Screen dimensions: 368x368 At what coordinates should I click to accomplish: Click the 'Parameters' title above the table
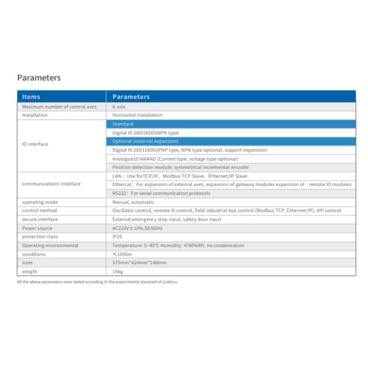click(39, 78)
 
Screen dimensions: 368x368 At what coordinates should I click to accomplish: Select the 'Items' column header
click(31, 96)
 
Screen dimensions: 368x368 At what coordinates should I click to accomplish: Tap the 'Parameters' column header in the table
click(131, 96)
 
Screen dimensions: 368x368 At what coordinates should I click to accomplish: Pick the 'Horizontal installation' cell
click(137, 115)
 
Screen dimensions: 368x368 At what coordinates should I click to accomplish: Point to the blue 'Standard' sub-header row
click(123, 124)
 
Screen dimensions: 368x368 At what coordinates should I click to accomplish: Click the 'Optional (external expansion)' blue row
click(145, 141)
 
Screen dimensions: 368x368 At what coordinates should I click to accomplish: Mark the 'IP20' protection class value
click(117, 236)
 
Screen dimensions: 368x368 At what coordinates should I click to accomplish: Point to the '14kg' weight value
click(118, 270)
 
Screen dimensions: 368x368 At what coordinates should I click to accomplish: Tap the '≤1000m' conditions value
click(121, 253)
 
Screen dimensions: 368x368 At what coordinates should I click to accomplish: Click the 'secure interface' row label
click(40, 219)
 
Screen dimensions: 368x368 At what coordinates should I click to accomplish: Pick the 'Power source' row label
click(37, 228)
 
